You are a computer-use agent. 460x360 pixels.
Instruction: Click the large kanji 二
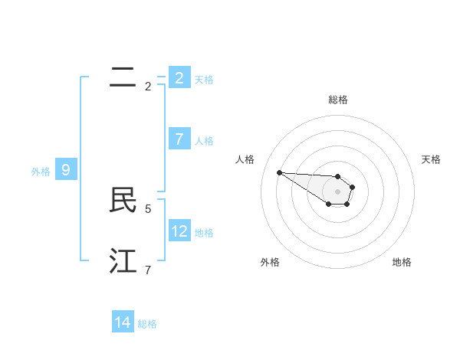click(x=123, y=77)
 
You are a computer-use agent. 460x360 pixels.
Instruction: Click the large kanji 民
click(x=123, y=201)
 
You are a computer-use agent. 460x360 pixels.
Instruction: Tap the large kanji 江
click(x=123, y=261)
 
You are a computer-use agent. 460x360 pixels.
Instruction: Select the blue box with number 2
click(x=179, y=78)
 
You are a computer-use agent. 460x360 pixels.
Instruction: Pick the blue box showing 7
click(x=179, y=139)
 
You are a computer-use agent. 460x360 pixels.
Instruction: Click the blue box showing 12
click(x=179, y=231)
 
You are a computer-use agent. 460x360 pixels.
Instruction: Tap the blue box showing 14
click(x=123, y=322)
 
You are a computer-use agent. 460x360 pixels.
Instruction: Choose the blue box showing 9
click(x=66, y=170)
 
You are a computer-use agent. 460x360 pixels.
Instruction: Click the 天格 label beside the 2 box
click(x=204, y=79)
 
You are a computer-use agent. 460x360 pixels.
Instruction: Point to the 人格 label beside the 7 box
click(x=204, y=141)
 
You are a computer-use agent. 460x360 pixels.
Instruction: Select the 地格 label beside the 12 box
click(x=204, y=233)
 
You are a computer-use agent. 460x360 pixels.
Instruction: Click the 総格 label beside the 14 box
click(x=147, y=324)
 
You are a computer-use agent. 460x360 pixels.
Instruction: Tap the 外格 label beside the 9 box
click(x=41, y=172)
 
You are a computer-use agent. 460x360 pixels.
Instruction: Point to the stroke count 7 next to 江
click(x=148, y=270)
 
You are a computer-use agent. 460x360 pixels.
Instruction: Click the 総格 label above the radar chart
click(x=337, y=100)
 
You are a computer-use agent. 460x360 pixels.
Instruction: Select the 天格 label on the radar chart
click(x=432, y=159)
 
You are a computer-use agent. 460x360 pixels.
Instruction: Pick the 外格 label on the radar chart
click(x=270, y=262)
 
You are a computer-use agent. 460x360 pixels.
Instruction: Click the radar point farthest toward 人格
click(x=279, y=172)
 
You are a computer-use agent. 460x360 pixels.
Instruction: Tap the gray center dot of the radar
click(x=337, y=191)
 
